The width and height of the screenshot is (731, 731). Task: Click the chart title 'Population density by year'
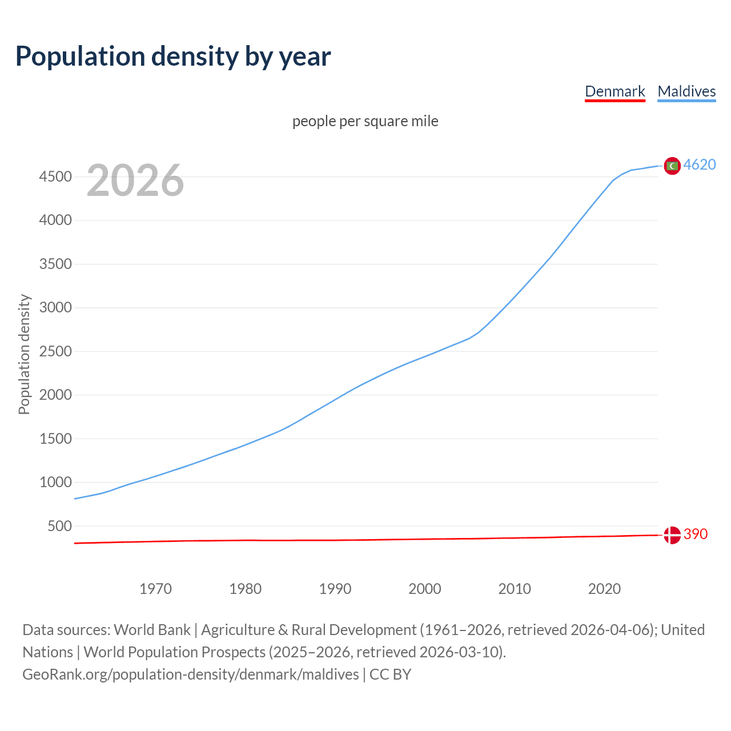click(x=173, y=57)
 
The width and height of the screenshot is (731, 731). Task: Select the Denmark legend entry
click(x=614, y=91)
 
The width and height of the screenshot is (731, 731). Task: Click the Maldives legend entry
click(x=686, y=91)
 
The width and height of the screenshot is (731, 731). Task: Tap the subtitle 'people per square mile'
click(x=365, y=121)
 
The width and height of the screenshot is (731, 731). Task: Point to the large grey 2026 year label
click(x=135, y=180)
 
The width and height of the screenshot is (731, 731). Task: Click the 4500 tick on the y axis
click(x=55, y=176)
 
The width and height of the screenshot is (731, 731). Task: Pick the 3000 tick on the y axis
click(x=55, y=307)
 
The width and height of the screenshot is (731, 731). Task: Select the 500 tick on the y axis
click(x=59, y=526)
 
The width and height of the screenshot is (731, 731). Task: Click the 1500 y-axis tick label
click(x=55, y=439)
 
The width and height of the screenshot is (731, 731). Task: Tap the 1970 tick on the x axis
click(x=155, y=589)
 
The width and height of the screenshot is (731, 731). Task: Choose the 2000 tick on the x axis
click(x=424, y=589)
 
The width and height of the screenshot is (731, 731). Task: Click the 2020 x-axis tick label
click(x=604, y=589)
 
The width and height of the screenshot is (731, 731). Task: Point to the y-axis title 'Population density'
click(x=24, y=354)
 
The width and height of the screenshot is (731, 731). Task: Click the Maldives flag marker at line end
click(x=672, y=166)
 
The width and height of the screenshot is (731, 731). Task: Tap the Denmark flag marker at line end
click(x=672, y=535)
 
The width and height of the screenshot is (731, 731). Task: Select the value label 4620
click(x=700, y=165)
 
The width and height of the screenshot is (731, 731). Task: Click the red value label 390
click(x=696, y=535)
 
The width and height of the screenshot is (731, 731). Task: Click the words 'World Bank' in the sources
click(x=152, y=630)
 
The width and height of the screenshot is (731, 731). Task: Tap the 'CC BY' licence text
click(x=390, y=674)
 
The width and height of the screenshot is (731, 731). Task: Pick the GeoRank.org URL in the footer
click(x=191, y=674)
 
